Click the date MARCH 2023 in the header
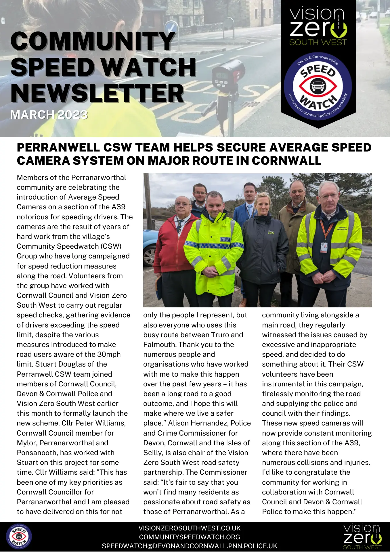point(49,115)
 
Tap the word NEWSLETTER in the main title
point(97,93)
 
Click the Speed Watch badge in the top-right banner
point(318,86)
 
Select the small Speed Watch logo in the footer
point(19,537)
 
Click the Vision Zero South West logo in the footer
point(362,536)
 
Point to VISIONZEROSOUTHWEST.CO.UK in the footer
point(189,528)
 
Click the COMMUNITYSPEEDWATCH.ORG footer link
point(189,537)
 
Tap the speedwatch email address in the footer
point(189,546)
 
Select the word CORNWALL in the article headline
point(286,161)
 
